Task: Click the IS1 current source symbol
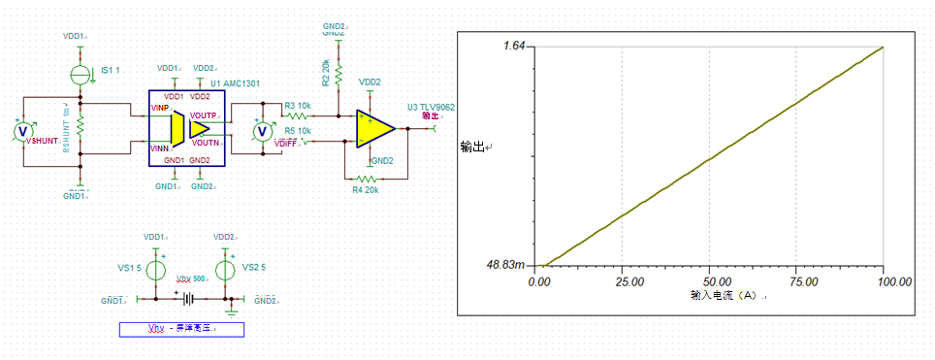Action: [x=81, y=73]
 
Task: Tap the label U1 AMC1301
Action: [x=234, y=83]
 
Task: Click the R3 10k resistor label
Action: [x=297, y=106]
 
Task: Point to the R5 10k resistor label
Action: [x=297, y=130]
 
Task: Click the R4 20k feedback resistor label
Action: [x=367, y=189]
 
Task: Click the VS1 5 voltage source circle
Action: [x=154, y=268]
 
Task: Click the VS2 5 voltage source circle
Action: [x=225, y=268]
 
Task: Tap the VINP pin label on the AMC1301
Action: [x=160, y=108]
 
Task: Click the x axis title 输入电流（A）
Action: [x=726, y=294]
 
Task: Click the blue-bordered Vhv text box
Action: [x=181, y=329]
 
